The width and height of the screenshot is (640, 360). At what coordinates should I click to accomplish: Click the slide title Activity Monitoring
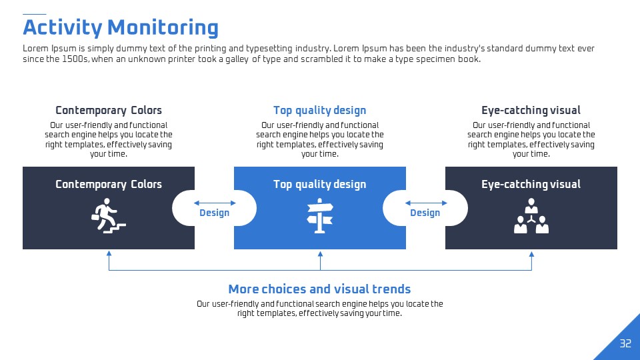(121, 28)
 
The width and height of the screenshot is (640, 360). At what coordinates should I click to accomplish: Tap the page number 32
(625, 343)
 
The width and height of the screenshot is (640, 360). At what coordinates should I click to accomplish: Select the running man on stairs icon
(108, 216)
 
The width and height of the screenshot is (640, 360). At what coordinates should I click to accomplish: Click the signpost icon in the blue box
(320, 216)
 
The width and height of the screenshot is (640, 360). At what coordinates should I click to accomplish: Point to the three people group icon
(531, 216)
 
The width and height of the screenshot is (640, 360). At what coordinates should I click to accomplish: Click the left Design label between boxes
(214, 213)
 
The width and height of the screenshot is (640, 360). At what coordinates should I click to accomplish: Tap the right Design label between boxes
(425, 213)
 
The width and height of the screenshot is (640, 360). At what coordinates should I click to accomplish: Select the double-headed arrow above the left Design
(215, 203)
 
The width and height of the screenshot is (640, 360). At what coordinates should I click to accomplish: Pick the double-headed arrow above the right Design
(426, 203)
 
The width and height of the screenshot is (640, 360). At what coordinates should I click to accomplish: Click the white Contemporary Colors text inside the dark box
(109, 185)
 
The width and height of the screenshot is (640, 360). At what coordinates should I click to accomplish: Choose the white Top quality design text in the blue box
(319, 185)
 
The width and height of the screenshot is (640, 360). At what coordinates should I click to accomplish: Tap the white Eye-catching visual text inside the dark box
(531, 185)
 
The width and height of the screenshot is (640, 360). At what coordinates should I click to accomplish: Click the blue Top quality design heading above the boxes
(319, 111)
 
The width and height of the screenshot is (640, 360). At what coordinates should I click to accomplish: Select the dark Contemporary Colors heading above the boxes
(109, 111)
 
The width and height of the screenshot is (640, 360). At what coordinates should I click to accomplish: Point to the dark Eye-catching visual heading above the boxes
(531, 111)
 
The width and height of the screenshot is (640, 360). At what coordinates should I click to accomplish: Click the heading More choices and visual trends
(319, 289)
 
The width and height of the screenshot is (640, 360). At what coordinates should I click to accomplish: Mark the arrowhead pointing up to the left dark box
(109, 253)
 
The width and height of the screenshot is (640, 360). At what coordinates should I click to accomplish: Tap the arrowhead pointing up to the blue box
(321, 253)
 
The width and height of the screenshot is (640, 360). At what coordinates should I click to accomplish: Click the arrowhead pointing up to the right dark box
(531, 253)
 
